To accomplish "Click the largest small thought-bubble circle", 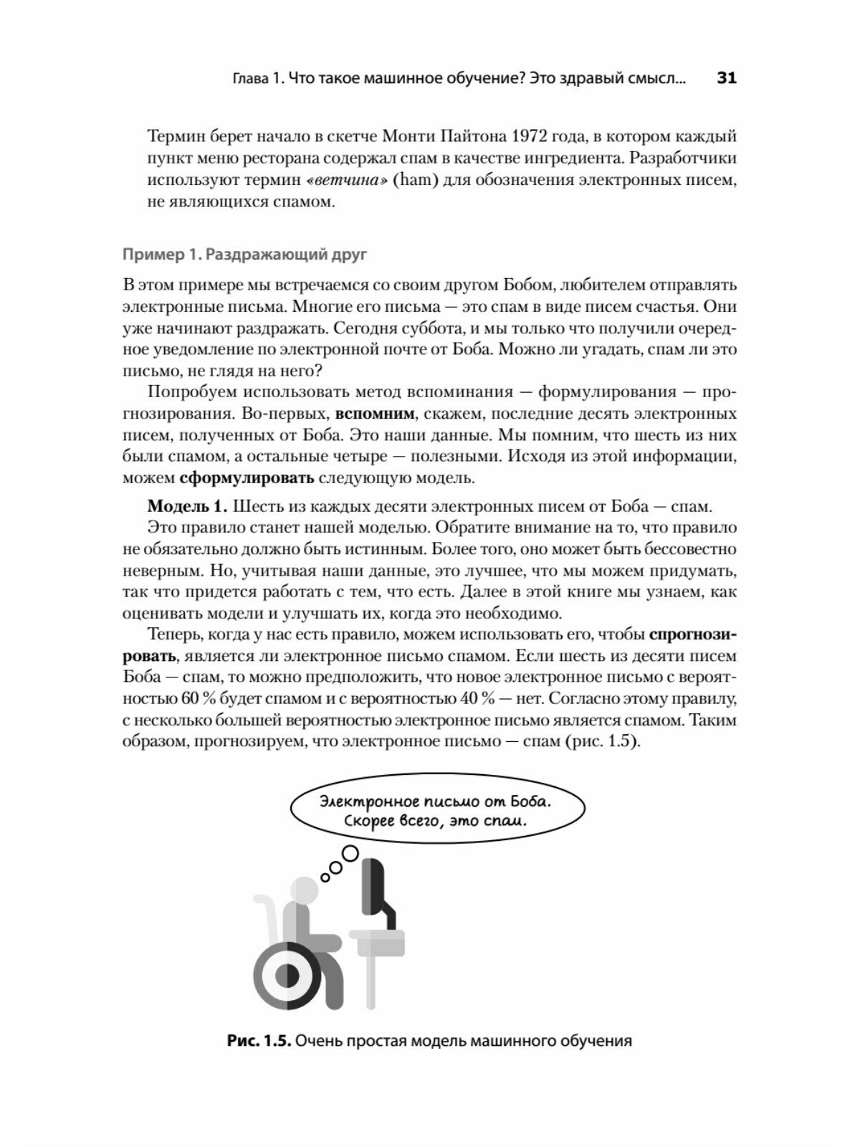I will point(350,853).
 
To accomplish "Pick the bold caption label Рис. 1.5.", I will point(258,1041).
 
